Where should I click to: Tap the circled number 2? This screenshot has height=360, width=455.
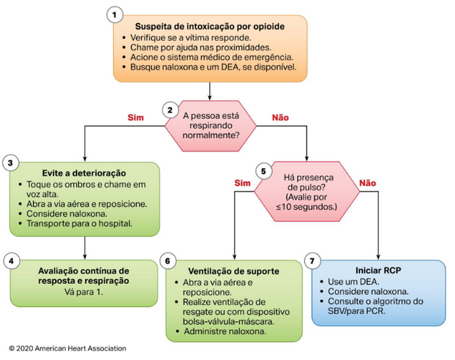click(x=170, y=110)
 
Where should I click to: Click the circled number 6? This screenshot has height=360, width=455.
click(x=168, y=260)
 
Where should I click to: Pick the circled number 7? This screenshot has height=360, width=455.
click(x=314, y=260)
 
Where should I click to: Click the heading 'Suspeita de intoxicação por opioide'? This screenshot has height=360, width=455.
click(x=210, y=28)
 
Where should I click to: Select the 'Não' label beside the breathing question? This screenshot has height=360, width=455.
click(x=280, y=116)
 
